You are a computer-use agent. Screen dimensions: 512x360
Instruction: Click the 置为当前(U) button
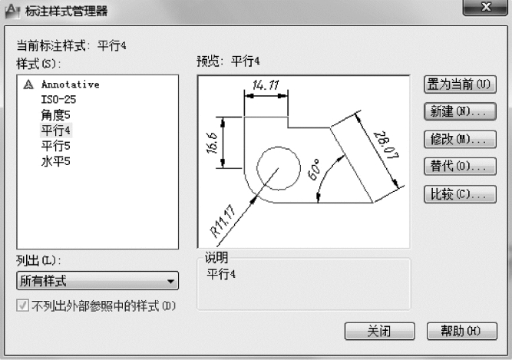[460, 84]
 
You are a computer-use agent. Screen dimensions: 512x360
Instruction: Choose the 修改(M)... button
[460, 140]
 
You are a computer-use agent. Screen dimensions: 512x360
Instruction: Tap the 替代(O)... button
[460, 167]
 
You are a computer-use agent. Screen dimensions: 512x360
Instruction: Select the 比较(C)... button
[460, 194]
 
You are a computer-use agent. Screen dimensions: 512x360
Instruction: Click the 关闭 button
[380, 332]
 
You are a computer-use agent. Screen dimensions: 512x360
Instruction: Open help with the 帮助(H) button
[461, 332]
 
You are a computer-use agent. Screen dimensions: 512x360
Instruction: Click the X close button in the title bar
[486, 7]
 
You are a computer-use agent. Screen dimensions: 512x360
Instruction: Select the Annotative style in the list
[70, 84]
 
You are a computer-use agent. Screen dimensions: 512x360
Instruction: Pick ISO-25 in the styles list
[58, 100]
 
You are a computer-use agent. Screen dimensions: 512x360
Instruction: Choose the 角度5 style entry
[55, 115]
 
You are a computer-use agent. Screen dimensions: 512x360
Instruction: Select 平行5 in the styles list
[55, 146]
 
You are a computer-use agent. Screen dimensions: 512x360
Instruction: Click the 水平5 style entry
[55, 161]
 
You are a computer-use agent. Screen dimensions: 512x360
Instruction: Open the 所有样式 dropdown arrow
[170, 281]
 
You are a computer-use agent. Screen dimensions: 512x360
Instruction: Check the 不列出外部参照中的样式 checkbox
[22, 306]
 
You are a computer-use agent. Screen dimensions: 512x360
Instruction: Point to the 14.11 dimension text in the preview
[266, 85]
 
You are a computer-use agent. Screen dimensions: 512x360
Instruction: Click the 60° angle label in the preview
[315, 170]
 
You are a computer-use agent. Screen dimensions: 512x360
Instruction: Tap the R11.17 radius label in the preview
[223, 221]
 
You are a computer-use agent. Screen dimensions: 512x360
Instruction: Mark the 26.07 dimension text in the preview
[386, 145]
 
